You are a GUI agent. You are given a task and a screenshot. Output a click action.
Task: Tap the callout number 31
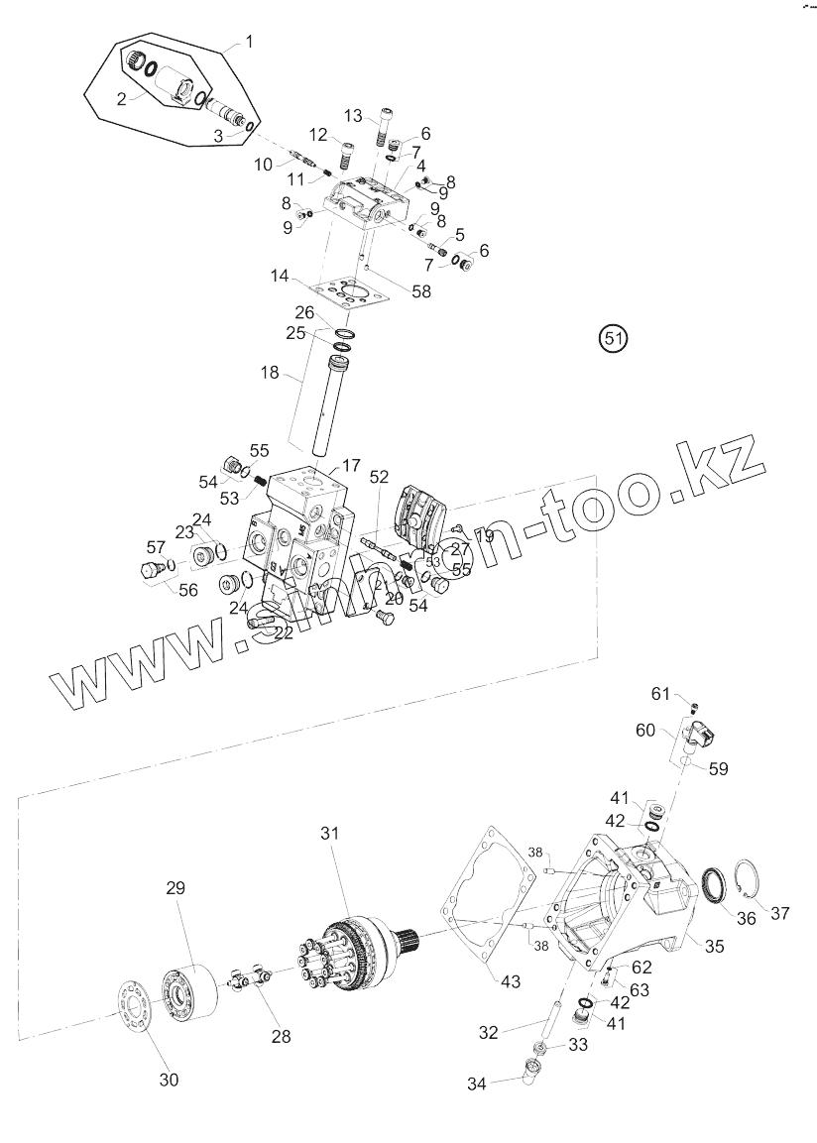[329, 834]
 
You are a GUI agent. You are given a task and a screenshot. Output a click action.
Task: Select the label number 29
[175, 888]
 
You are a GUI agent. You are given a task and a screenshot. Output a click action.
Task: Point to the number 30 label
[170, 1080]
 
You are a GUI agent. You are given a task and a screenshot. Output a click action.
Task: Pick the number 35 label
[714, 947]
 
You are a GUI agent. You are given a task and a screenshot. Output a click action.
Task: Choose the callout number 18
[271, 373]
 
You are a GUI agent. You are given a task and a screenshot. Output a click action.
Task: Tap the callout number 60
[645, 731]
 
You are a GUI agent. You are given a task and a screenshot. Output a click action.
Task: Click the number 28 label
[282, 1037]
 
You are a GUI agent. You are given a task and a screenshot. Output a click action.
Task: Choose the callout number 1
[249, 42]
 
